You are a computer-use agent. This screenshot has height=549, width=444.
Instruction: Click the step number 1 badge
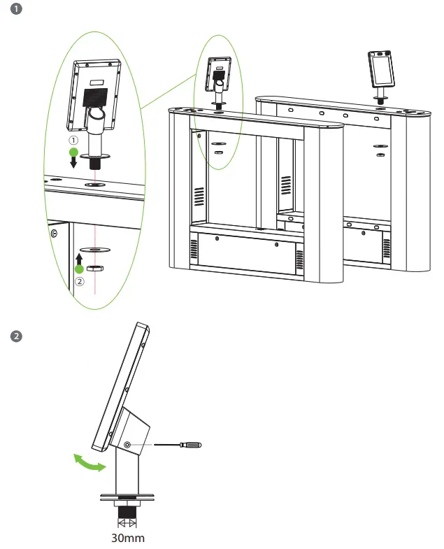tap(16, 10)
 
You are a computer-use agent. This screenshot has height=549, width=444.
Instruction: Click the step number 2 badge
tap(16, 336)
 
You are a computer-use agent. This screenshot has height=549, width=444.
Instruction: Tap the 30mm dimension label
tap(128, 539)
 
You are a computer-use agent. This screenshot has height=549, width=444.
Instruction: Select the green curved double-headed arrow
tap(90, 464)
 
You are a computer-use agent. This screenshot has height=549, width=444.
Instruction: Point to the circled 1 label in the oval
tap(71, 139)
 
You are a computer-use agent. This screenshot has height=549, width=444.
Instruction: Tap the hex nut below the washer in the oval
tap(95, 266)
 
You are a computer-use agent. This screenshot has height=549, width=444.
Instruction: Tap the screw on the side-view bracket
tap(127, 445)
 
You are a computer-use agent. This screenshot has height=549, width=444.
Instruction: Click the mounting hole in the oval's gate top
tap(94, 185)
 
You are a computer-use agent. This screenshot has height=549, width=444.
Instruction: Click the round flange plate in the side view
tap(127, 498)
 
